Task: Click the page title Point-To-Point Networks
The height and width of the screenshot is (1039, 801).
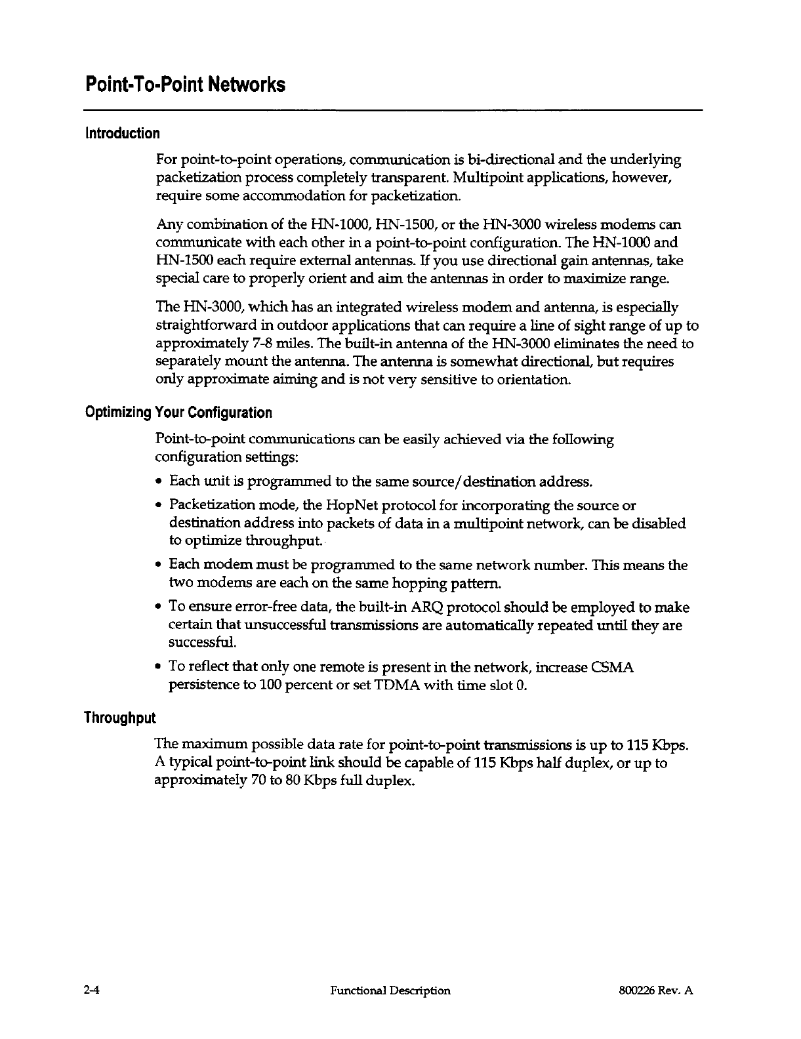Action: [184, 85]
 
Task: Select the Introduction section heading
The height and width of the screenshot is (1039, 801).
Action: [121, 133]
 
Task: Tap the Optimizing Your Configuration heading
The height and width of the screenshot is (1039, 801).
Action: [178, 413]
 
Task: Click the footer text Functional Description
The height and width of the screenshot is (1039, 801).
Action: [391, 990]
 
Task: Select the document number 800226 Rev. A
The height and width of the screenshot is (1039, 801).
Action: [651, 990]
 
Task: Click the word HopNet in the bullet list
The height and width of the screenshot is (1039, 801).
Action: [328, 506]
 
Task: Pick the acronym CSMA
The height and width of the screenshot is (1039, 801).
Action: [612, 668]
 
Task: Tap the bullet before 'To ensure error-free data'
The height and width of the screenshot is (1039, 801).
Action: [160, 608]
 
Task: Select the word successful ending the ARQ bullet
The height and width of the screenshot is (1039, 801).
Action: [195, 642]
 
